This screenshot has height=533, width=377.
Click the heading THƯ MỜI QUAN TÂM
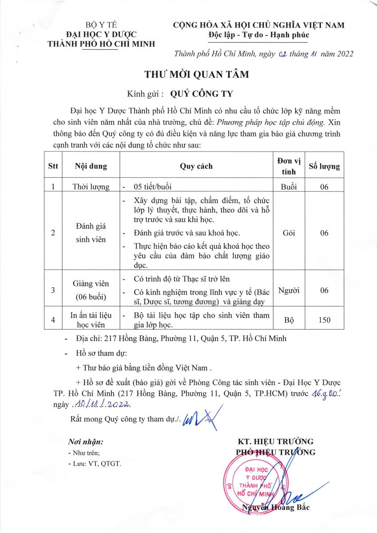pyautogui.click(x=196, y=74)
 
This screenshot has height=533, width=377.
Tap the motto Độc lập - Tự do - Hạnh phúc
pyautogui.click(x=258, y=35)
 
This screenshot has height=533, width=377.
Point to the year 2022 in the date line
pyautogui.click(x=341, y=54)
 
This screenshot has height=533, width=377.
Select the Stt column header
pyautogui.click(x=53, y=166)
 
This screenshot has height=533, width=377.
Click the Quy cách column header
pyautogui.click(x=196, y=166)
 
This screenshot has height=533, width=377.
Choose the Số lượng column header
pyautogui.click(x=324, y=166)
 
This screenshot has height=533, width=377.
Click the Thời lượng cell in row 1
pyautogui.click(x=91, y=187)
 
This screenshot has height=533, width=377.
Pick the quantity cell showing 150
pyautogui.click(x=324, y=320)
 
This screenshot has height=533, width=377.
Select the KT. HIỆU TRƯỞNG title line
pyautogui.click(x=276, y=442)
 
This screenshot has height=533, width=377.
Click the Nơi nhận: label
pyautogui.click(x=86, y=442)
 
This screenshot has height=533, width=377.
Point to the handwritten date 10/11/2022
pyautogui.click(x=103, y=405)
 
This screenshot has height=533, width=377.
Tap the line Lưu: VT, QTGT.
pyautogui.click(x=95, y=464)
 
